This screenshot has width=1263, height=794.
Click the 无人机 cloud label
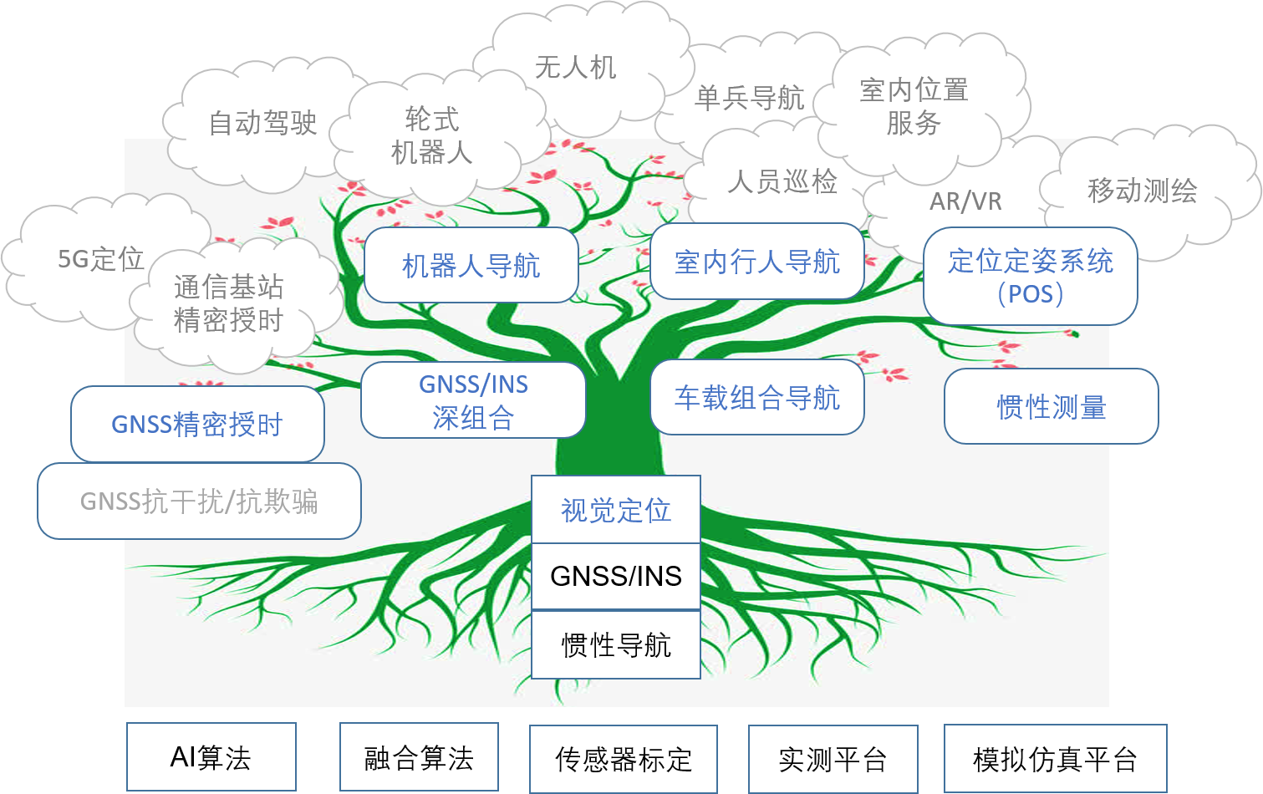coord(575,67)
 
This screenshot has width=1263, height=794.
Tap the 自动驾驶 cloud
coord(262,123)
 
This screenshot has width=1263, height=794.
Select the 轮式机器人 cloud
coord(432,135)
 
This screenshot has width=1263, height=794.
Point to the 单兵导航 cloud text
coord(749,98)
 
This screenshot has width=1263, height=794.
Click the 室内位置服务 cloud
coord(914,106)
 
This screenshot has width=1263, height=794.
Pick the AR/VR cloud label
coord(965,201)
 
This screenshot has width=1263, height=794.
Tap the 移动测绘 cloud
coord(1142,191)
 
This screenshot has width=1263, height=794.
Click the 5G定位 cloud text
coord(100,259)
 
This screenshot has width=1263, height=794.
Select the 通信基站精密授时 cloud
coord(228,303)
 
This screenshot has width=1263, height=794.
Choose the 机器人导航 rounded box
coord(471,266)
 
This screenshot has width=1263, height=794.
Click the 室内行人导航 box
coord(756,262)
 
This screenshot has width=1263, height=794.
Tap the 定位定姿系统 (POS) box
coord(1030,277)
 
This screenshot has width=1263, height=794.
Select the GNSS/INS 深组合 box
coord(473,400)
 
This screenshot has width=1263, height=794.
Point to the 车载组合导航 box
coord(756,398)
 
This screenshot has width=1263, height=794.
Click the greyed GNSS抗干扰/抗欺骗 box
coord(199,501)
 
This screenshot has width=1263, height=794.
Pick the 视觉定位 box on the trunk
coord(616,510)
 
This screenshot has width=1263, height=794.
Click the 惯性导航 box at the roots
coord(616,644)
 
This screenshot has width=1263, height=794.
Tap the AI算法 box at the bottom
coord(211,757)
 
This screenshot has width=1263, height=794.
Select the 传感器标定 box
coord(624,759)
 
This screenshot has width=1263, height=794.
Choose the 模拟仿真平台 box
coord(1055,759)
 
